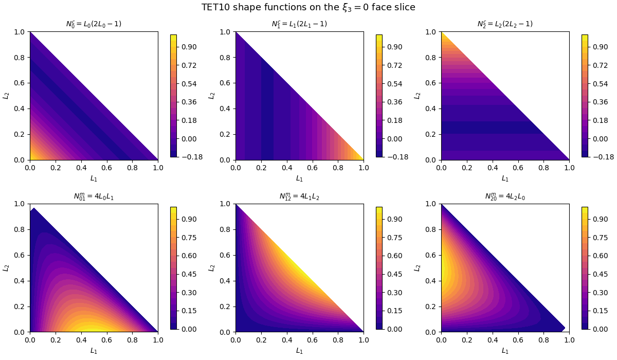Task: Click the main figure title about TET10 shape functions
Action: coord(308,7)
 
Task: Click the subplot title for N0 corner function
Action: coord(94,24)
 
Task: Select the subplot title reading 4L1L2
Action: coord(299,196)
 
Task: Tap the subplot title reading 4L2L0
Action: coord(505,196)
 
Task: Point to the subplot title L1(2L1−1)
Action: coord(299,24)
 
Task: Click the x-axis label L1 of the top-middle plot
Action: coord(299,178)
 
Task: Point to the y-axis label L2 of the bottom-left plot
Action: coord(6,268)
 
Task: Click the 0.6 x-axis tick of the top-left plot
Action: coord(106,168)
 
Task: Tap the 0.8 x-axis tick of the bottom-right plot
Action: coord(543,339)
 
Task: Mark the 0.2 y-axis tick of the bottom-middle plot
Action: coord(225,307)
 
